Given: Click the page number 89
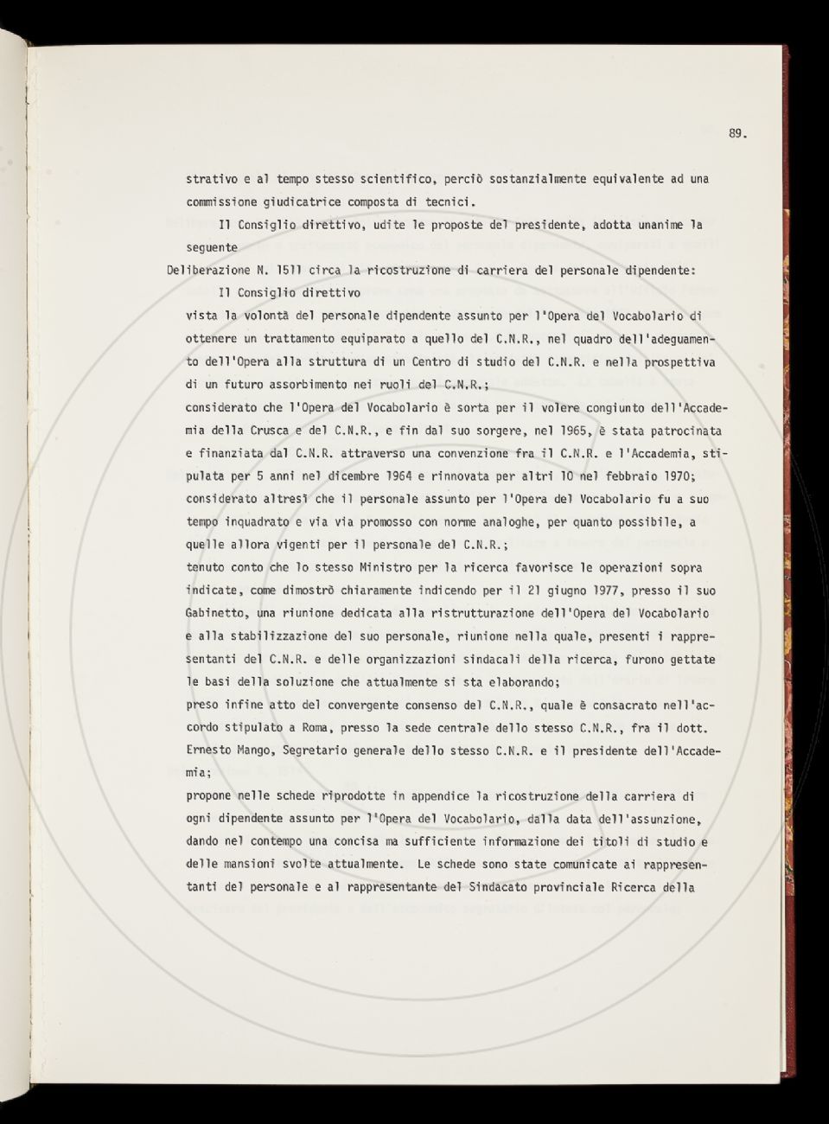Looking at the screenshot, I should [x=736, y=133].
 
